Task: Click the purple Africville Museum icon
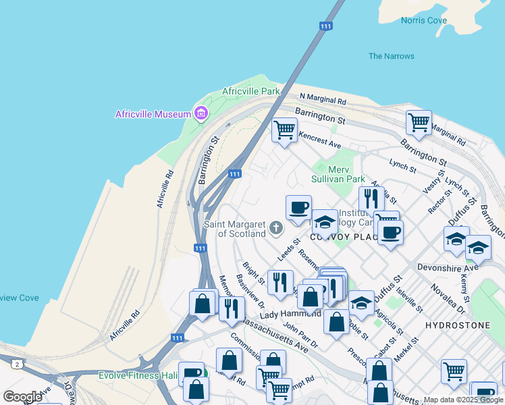point(201,114)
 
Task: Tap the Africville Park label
point(251,91)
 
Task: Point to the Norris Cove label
point(424,20)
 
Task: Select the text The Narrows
point(392,56)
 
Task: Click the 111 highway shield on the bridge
point(326,26)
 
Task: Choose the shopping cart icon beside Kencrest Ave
point(284,129)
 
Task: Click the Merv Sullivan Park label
point(338,174)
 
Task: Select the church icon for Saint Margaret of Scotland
point(275,228)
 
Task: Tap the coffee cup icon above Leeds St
point(298,207)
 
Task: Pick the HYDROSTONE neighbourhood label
point(458,325)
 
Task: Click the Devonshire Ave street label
point(448,267)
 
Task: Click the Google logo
point(22,396)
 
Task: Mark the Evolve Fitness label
point(138,375)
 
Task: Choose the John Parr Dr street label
point(299,335)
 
